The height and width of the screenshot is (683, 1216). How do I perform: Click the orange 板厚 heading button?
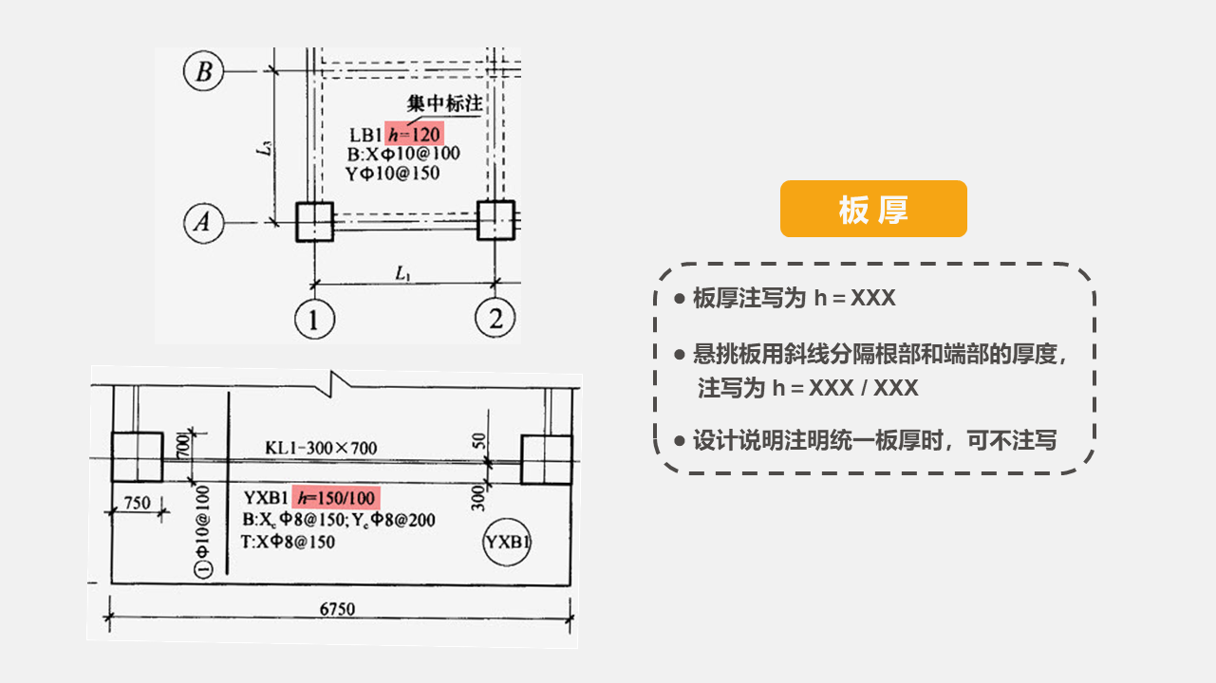[873, 209]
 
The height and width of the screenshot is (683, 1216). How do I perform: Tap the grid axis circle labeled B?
[203, 71]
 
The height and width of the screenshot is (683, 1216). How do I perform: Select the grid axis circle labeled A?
[203, 223]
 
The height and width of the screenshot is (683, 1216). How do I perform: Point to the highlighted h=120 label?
[415, 133]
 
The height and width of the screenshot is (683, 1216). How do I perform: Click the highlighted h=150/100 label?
[337, 498]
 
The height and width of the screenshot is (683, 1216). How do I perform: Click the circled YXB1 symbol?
[506, 543]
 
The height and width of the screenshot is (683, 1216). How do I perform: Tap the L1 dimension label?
[403, 273]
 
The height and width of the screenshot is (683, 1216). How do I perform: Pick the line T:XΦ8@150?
[289, 542]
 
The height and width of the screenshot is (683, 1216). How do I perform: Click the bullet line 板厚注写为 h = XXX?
[794, 298]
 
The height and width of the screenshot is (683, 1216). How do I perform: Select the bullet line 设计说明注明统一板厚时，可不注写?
[873, 440]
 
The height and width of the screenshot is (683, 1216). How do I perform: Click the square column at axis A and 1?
[313, 223]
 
